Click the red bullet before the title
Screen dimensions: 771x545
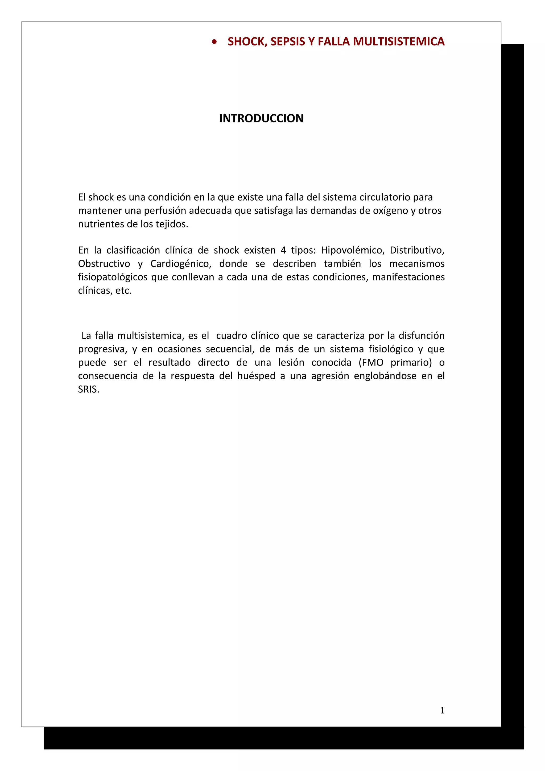[214, 42]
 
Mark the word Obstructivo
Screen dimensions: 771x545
[104, 264]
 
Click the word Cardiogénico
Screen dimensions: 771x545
[181, 264]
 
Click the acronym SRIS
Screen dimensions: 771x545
[88, 389]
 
